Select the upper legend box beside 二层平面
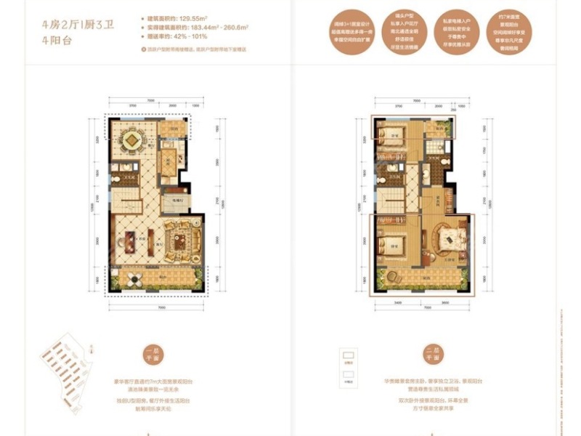346,357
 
